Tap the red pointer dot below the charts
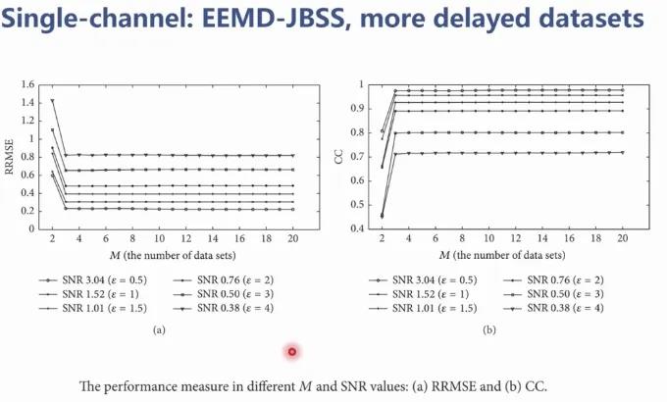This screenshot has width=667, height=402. point(291,352)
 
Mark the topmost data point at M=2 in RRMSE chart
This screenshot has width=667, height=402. point(51,100)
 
